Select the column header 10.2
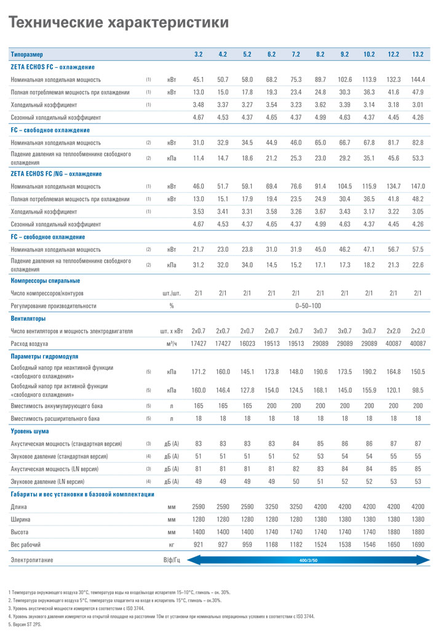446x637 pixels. (369, 54)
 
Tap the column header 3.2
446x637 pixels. (198, 54)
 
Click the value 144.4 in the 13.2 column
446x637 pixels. (418, 79)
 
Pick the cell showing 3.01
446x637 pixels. (418, 105)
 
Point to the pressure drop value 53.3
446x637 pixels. (418, 158)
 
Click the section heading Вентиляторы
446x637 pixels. (28, 319)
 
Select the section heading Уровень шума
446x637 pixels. (30, 431)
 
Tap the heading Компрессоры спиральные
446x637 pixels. (45, 281)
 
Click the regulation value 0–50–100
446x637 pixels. (308, 305)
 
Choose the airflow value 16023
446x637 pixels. (247, 343)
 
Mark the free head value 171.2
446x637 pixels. (198, 372)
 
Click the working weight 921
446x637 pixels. (198, 545)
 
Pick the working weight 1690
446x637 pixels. (418, 545)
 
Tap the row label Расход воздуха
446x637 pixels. (30, 343)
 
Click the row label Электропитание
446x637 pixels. (32, 560)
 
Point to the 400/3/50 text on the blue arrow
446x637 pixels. (308, 560)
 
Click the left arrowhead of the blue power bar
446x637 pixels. (191, 560)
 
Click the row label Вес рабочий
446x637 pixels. (26, 545)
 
